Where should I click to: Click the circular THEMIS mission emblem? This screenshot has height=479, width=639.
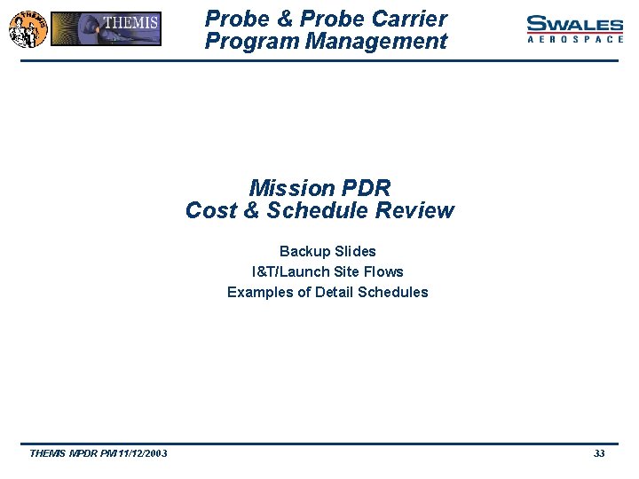(x=27, y=28)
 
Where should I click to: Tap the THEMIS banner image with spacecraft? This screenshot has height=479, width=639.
(x=106, y=28)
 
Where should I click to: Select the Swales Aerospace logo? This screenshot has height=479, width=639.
(x=574, y=28)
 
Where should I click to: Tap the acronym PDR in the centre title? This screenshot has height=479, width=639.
(x=363, y=188)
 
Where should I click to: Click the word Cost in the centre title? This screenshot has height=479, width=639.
(x=209, y=211)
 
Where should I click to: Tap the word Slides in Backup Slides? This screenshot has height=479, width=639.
(x=354, y=252)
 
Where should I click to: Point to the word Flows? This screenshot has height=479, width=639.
(x=384, y=272)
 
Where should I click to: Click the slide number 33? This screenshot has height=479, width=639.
(x=599, y=453)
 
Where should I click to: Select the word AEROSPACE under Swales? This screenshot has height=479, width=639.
(x=575, y=40)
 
